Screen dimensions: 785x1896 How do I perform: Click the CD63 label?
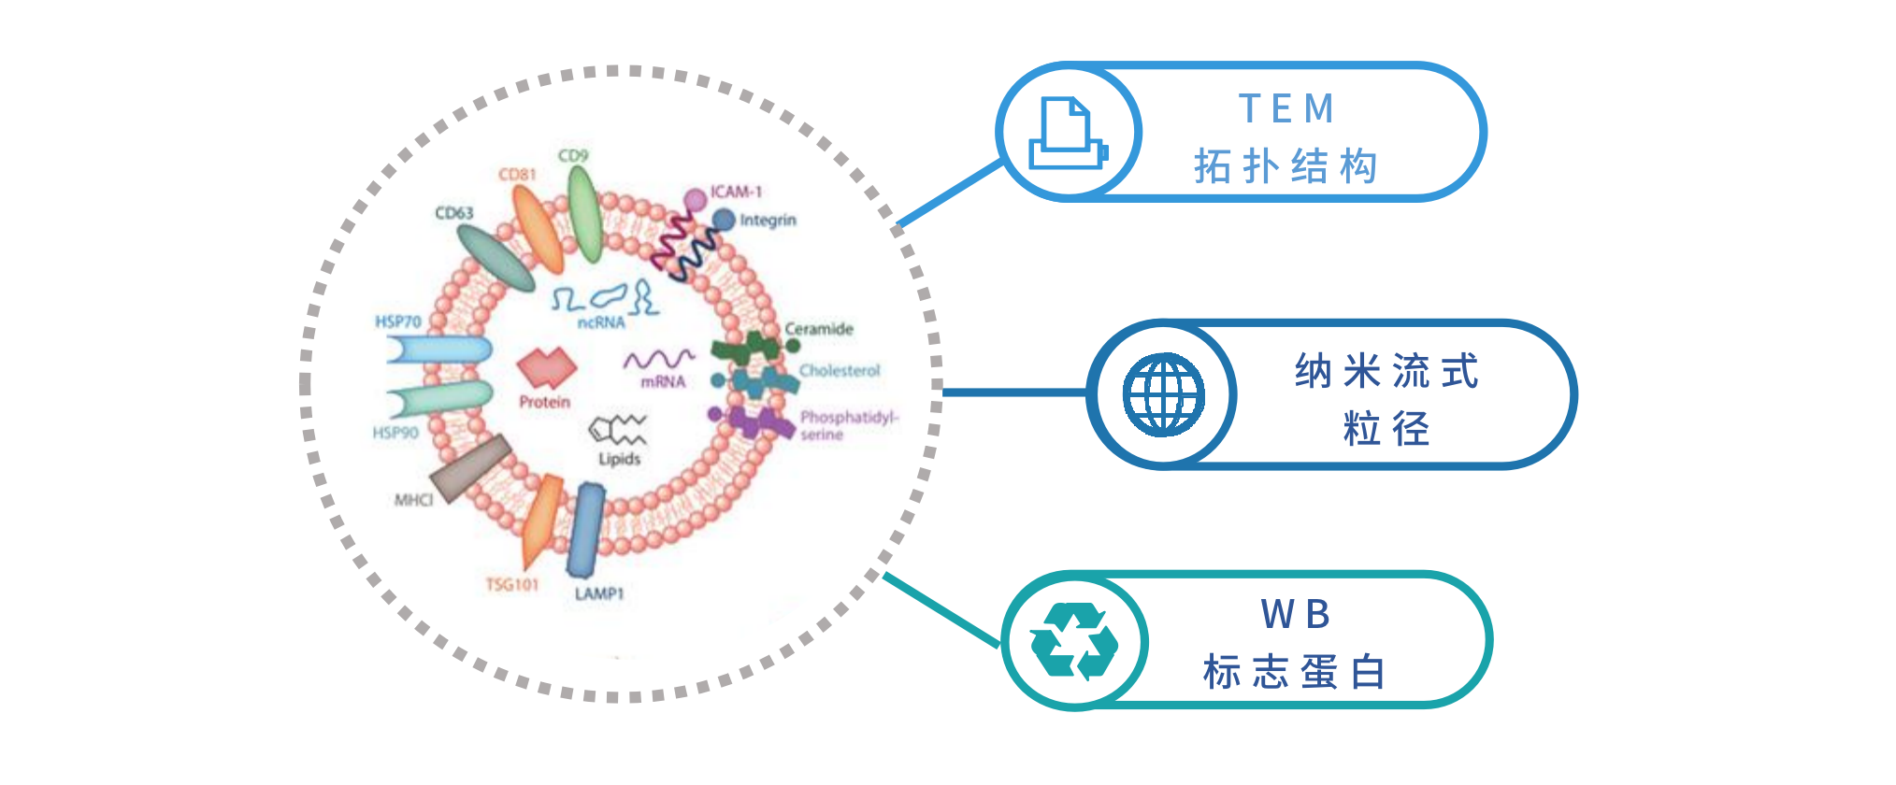click(454, 213)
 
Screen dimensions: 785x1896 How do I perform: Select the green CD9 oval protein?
click(584, 213)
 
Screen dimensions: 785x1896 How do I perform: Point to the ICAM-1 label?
click(736, 192)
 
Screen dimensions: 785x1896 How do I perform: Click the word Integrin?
click(768, 221)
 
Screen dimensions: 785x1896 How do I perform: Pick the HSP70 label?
click(398, 321)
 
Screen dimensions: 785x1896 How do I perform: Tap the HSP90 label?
click(395, 433)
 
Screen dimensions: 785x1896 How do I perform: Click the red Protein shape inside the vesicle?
click(547, 367)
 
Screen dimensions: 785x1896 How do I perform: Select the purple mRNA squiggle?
click(659, 360)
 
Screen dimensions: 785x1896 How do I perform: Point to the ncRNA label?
click(601, 322)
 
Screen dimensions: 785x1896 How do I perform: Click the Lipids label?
click(620, 459)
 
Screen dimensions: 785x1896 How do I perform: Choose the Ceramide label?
click(819, 329)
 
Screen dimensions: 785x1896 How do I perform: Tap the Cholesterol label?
click(840, 371)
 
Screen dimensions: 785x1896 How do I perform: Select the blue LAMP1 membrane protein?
click(586, 530)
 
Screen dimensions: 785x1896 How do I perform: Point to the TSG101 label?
click(512, 585)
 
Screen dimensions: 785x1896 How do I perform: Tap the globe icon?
click(1163, 394)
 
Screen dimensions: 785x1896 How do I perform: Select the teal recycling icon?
click(1074, 642)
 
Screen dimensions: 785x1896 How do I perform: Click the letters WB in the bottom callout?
click(1295, 614)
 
